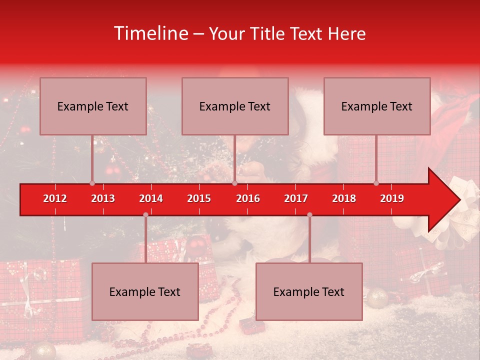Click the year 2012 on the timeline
click(55, 198)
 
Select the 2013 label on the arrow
click(103, 198)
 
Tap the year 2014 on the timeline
click(151, 198)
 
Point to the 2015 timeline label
click(199, 198)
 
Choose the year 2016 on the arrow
click(248, 198)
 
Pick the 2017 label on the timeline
click(296, 198)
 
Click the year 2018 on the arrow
click(344, 198)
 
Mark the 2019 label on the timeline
click(392, 198)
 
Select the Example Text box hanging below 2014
click(145, 291)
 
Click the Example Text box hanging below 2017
click(309, 291)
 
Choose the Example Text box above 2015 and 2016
click(235, 106)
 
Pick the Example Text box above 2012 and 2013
click(93, 106)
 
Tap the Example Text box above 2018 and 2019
click(377, 106)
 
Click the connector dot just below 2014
click(145, 214)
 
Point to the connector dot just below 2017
click(309, 214)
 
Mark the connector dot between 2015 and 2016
click(234, 183)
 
